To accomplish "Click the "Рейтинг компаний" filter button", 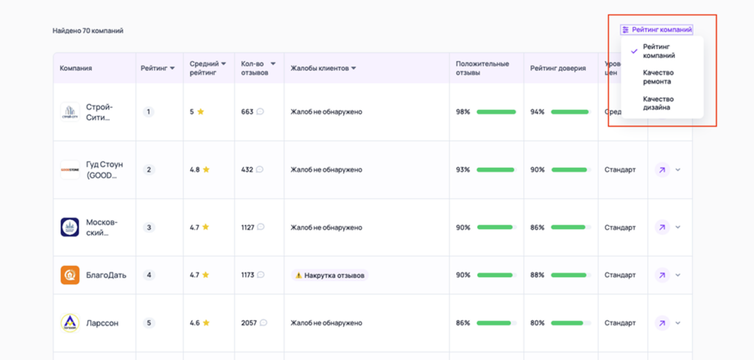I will pyautogui.click(x=657, y=30).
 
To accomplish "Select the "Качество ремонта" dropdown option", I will pyautogui.click(x=658, y=77).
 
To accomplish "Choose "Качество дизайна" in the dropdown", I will pyautogui.click(x=658, y=103).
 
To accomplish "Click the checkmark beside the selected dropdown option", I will pyautogui.click(x=634, y=51).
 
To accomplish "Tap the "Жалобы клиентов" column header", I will pyautogui.click(x=323, y=68).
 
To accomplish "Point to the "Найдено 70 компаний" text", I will pyautogui.click(x=88, y=31).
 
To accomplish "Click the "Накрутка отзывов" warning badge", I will pyautogui.click(x=330, y=275).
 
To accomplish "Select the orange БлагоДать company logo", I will pyautogui.click(x=70, y=275).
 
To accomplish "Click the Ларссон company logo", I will pyautogui.click(x=70, y=322).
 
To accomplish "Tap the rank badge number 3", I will pyautogui.click(x=149, y=227).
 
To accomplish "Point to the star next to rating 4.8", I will pyautogui.click(x=207, y=169).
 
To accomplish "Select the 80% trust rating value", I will pyautogui.click(x=538, y=322).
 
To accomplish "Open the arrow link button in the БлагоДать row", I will pyautogui.click(x=661, y=275).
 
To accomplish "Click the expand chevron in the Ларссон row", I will pyautogui.click(x=678, y=322).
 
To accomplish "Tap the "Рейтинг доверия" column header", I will pyautogui.click(x=557, y=68).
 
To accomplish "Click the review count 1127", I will pyautogui.click(x=247, y=227).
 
